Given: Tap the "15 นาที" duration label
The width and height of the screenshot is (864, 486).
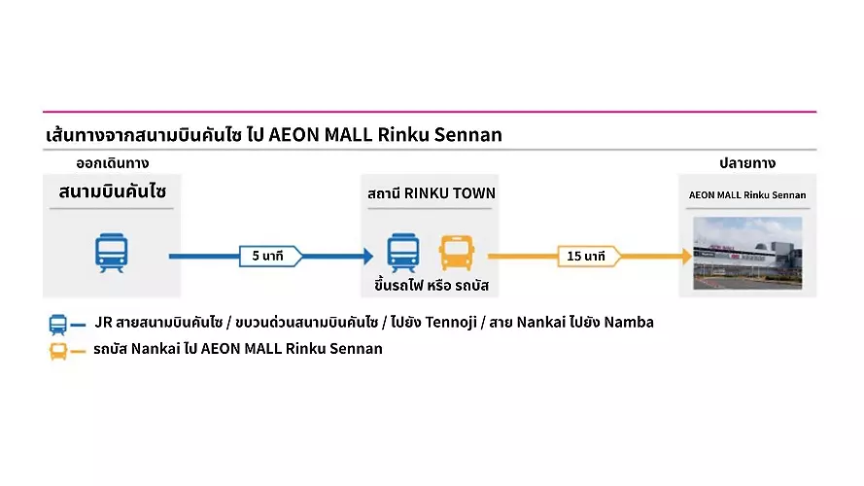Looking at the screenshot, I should pos(587,257).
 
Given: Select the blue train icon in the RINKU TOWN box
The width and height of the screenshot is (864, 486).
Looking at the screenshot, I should pos(402,252).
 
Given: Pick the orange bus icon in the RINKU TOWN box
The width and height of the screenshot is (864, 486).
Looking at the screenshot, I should pos(456,252).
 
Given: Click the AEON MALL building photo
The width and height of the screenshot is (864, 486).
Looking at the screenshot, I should pos(747,253).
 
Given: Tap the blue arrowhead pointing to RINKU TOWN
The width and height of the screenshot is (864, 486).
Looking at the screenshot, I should pos(366,257).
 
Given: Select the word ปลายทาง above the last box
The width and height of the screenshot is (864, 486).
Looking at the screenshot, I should pos(746,162).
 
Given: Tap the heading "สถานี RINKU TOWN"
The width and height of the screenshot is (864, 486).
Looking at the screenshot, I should pos(432,192).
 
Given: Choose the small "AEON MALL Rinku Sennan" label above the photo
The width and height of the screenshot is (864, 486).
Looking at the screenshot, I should pos(747,194).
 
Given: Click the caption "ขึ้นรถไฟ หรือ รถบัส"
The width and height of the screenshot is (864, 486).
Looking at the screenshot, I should pos(430,287).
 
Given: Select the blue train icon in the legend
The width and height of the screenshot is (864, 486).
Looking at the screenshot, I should pos(58,324).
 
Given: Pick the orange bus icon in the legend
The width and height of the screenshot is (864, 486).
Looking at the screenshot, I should pos(58,350).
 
